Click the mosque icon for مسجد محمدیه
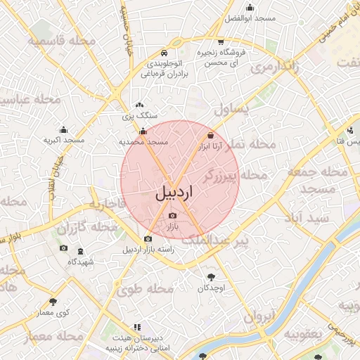pyautogui.click(x=143, y=131)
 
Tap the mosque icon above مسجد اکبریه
pyautogui.click(x=64, y=129)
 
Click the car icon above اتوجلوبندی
pyautogui.click(x=163, y=53)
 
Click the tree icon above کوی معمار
pyautogui.click(x=52, y=302)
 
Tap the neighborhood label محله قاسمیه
pyautogui.click(x=61, y=41)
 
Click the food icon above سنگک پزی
pyautogui.click(x=139, y=105)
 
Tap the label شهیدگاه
pyautogui.click(x=81, y=262)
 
